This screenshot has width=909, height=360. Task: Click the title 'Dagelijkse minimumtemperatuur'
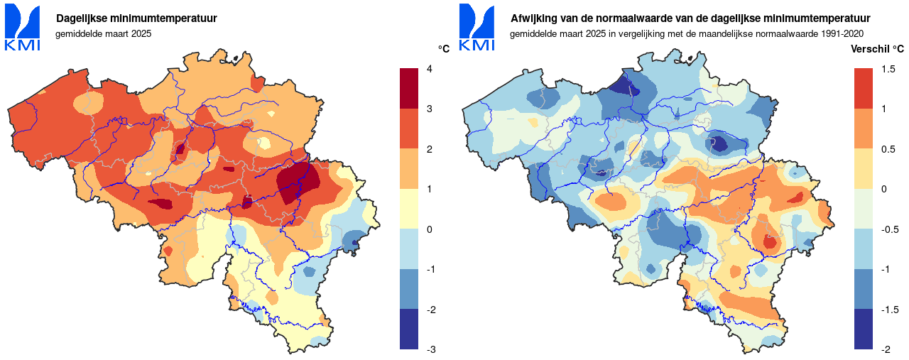point(136,18)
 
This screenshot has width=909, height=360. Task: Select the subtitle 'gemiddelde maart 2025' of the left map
point(104,33)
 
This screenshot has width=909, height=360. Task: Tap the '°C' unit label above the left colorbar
point(444,49)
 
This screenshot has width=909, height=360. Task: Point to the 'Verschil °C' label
point(878,49)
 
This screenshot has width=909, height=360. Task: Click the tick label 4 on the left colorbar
point(429,69)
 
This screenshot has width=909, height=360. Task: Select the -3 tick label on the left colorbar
point(431,350)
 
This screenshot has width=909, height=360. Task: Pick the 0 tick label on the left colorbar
point(429,229)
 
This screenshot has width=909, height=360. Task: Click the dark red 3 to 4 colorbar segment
point(409,88)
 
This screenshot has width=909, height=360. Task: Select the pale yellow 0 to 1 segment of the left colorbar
point(409,209)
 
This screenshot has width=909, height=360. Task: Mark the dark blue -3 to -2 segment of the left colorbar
point(409,329)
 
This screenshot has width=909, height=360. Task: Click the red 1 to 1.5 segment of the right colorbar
point(864,88)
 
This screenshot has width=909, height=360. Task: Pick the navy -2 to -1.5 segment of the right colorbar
point(864,329)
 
